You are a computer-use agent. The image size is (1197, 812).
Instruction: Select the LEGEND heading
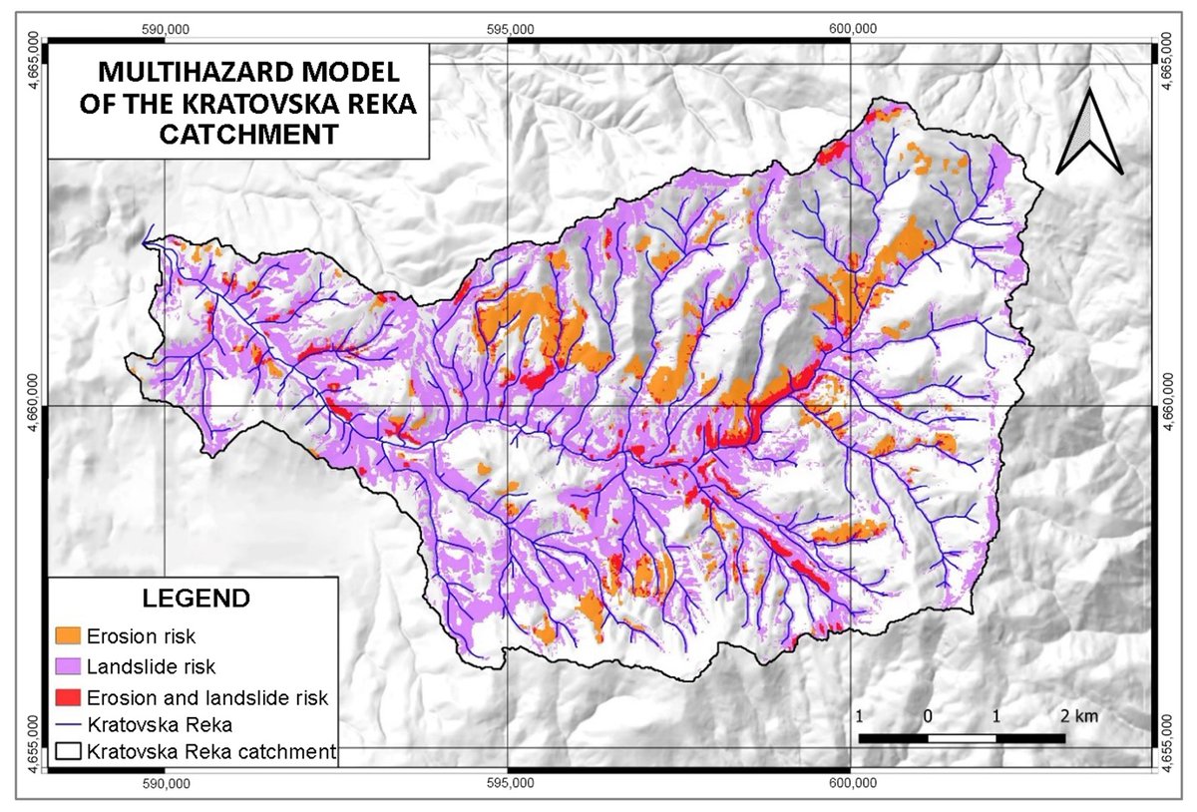(x=196, y=599)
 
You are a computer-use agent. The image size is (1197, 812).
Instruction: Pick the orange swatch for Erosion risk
(x=68, y=635)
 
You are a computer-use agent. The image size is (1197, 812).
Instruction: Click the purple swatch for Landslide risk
(x=68, y=665)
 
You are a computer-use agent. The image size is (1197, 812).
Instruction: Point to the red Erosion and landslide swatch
(x=68, y=695)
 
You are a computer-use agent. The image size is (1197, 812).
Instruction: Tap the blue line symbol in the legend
(x=68, y=723)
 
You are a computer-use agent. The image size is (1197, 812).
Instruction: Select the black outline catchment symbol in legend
(x=68, y=751)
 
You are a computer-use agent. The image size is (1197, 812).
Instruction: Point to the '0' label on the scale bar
(x=928, y=716)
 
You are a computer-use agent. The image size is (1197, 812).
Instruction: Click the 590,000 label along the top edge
(x=166, y=28)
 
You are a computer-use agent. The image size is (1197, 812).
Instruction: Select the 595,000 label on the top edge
(x=509, y=28)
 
